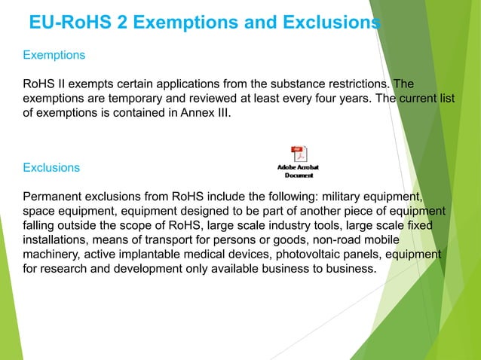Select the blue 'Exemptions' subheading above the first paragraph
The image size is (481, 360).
[54, 55]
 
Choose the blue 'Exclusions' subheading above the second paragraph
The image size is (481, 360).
[51, 166]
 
